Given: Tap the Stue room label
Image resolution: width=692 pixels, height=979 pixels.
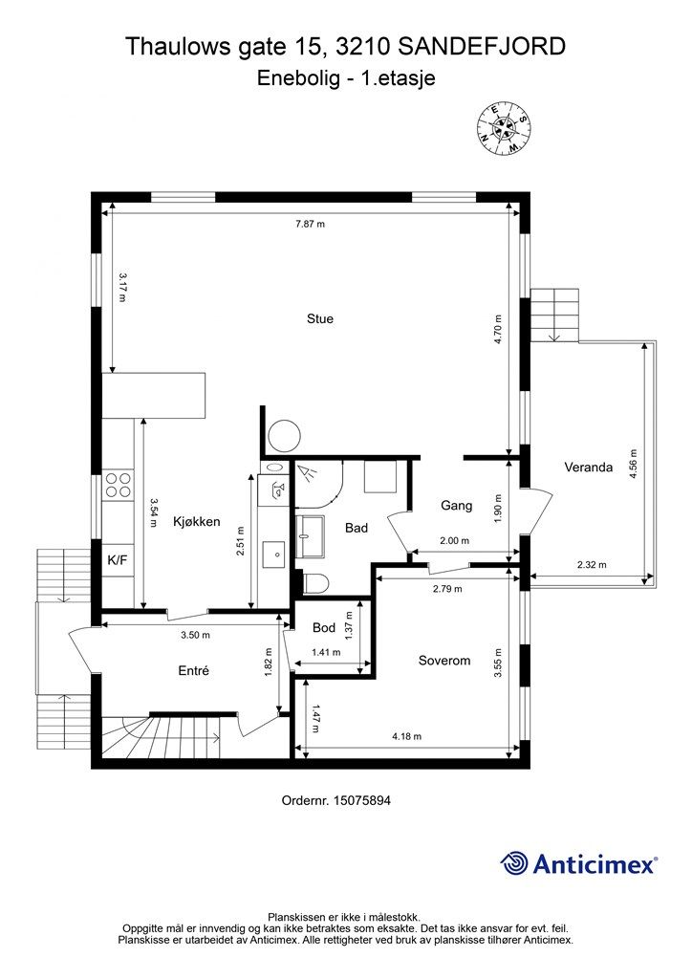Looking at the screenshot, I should point(320,318).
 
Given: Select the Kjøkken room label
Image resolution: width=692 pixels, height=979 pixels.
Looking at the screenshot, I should point(197,522).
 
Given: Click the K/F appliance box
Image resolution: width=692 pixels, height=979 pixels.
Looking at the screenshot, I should point(118,559).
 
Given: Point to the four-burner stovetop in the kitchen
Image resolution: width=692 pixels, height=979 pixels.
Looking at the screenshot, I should point(119,485).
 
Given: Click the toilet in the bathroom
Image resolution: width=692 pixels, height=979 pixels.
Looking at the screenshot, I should point(314,583).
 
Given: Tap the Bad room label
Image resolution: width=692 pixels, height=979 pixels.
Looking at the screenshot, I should point(357,527).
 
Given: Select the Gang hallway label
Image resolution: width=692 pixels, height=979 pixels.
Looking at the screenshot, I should point(457,505).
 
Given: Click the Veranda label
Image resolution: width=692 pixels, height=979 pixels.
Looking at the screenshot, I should point(588,468).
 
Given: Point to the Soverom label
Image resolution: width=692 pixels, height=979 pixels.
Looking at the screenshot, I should point(444,660).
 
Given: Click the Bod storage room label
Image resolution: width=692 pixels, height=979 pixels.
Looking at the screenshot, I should point(324,628).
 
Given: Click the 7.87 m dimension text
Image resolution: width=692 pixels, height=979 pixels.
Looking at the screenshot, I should point(310,225).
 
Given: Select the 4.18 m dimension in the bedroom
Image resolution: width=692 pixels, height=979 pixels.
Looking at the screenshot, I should point(406,736).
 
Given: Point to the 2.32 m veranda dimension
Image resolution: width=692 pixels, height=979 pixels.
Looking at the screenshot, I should point(592,564).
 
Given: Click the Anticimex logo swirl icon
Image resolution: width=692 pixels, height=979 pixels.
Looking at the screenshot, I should point(515,863).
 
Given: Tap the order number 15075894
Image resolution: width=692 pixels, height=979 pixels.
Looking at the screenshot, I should point(361,800).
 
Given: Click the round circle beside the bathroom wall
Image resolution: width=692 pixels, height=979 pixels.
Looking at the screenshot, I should point(283,436).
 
